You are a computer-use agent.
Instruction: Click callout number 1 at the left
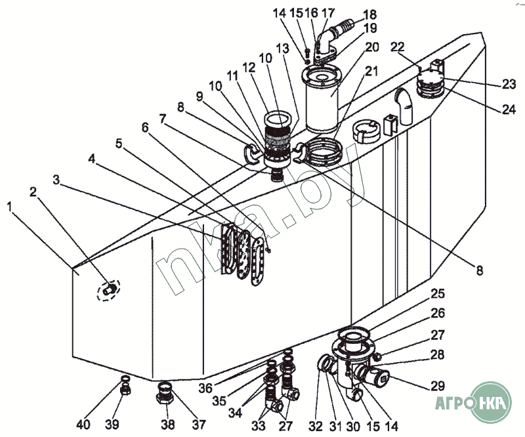click(9, 206)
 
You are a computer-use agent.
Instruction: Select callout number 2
click(32, 192)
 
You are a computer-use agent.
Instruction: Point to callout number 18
click(369, 14)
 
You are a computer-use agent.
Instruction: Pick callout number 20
click(372, 47)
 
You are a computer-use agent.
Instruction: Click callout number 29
click(438, 385)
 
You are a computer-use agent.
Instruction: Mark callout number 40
click(83, 424)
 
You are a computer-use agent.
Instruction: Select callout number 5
click(119, 143)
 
